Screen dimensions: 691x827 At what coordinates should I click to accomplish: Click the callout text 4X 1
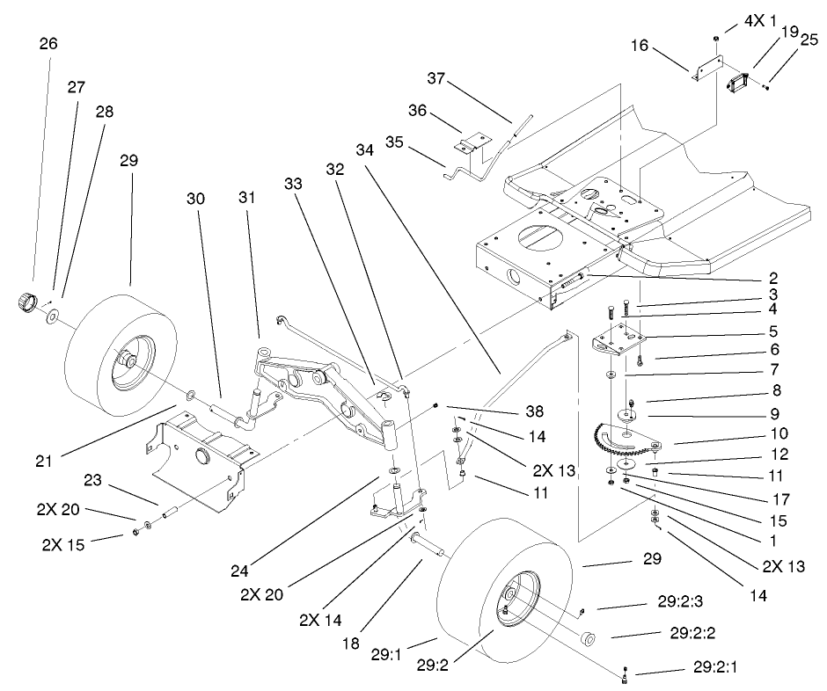point(756,18)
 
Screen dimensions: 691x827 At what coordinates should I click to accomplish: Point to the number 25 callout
point(810,38)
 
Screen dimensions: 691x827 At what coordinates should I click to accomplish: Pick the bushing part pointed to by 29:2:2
point(588,638)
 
